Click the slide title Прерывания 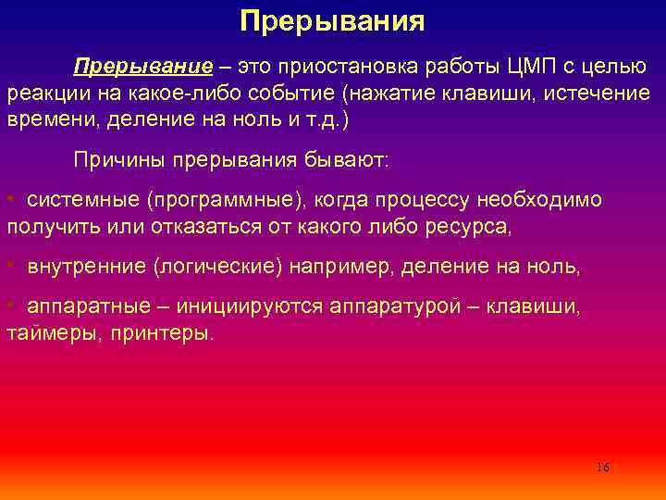point(332,21)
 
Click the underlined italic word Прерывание point(142,68)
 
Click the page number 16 point(602,467)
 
